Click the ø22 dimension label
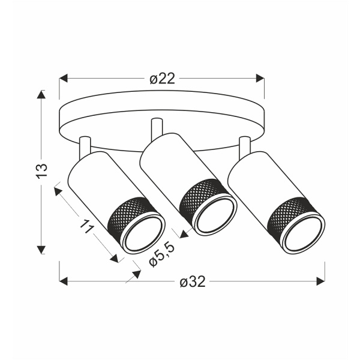(x=162, y=79)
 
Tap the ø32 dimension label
(x=193, y=281)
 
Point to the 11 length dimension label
(x=87, y=226)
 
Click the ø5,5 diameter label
(x=161, y=254)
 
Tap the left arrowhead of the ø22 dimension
(x=64, y=78)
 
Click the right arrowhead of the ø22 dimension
(x=260, y=78)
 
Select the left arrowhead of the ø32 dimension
(x=64, y=281)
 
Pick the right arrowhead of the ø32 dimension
(x=320, y=281)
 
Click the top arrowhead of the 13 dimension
(x=41, y=94)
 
